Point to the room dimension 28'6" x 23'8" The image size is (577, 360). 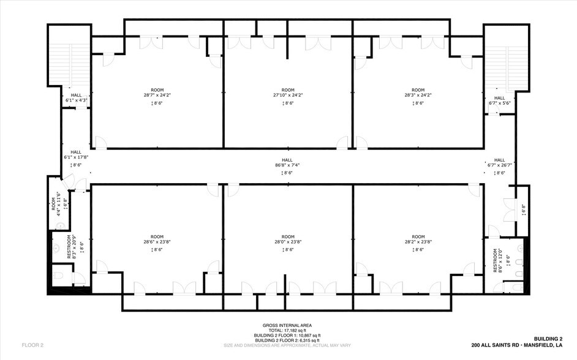click(157, 242)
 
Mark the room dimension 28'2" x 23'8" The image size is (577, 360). click(418, 242)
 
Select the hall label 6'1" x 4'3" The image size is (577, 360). click(76, 100)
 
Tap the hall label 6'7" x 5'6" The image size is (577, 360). click(499, 103)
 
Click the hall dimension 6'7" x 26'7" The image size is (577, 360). click(499, 165)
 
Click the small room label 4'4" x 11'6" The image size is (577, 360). click(59, 204)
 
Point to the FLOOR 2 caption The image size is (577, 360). click(32, 345)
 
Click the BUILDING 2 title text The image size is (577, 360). click(548, 339)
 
